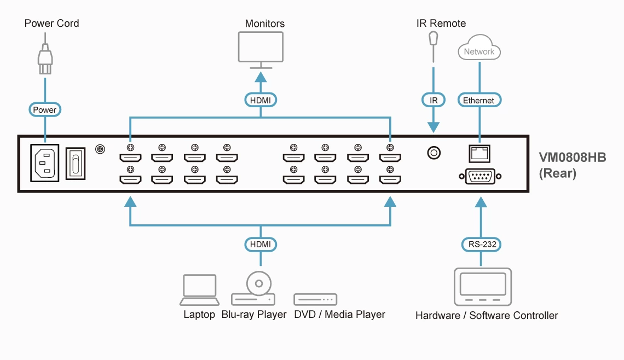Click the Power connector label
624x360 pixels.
coord(44,110)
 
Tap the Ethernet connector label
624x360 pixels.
coord(478,100)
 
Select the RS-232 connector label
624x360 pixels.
coord(482,244)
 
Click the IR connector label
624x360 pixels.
coord(434,100)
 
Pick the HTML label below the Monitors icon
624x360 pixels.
coord(261,100)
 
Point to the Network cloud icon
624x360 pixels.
coord(479,49)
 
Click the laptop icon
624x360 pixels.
coord(200,290)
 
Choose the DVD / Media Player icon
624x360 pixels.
coord(315,299)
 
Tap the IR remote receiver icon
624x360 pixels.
coord(434,42)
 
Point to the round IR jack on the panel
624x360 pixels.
coord(434,153)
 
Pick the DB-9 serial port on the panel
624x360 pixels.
coord(480,177)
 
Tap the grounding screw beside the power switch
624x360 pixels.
coord(100,149)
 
